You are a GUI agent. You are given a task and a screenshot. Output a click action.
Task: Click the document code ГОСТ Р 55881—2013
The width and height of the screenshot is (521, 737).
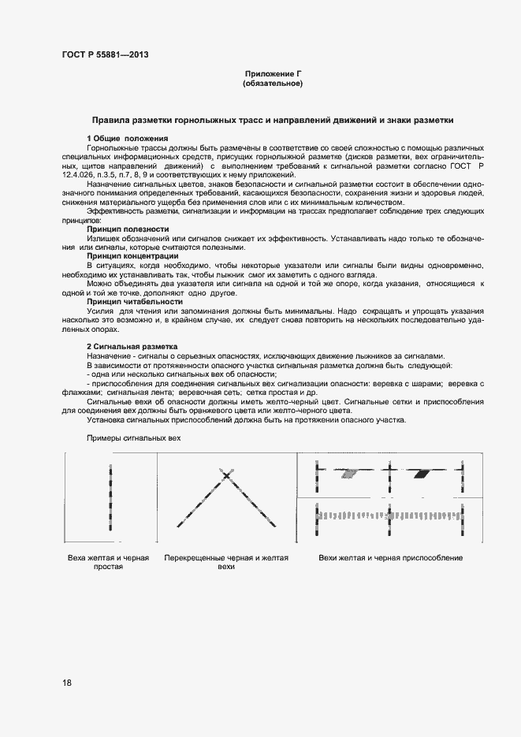[x=105, y=55]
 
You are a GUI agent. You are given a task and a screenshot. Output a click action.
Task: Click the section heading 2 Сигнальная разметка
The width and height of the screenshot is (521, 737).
[x=132, y=347]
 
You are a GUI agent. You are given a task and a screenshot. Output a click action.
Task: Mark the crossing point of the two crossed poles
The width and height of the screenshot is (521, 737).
[x=226, y=475]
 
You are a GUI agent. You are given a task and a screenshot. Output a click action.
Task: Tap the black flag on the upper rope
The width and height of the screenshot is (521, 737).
[x=426, y=474]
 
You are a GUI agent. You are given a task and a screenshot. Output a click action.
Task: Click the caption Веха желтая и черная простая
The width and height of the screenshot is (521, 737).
[x=109, y=562]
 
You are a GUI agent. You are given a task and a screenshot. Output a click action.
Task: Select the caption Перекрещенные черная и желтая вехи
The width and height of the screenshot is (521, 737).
[x=226, y=562]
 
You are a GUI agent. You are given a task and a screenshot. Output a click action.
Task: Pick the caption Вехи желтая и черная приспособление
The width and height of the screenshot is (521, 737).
[x=390, y=558]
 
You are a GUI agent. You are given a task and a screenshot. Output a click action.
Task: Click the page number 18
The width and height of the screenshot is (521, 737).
[x=67, y=683]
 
